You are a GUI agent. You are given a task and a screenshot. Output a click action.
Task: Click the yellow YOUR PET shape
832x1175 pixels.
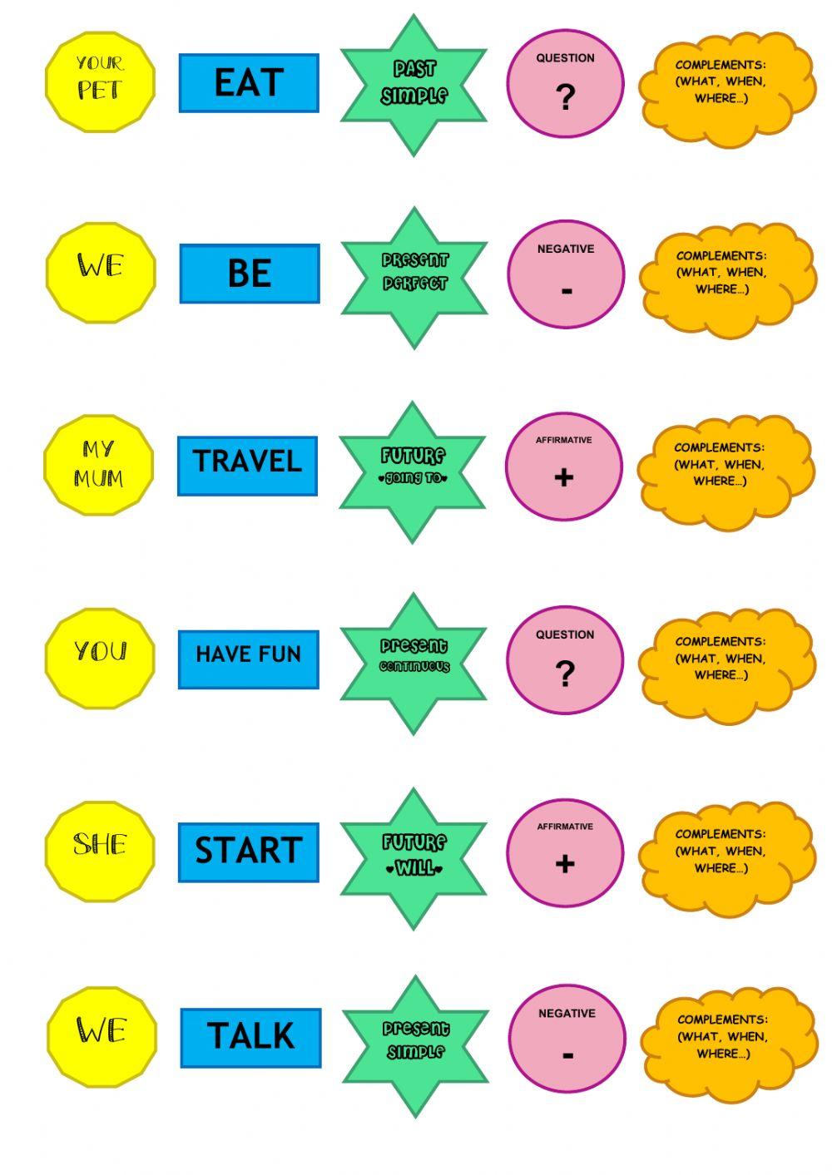(x=100, y=81)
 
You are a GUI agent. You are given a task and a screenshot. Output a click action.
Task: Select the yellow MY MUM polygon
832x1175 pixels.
(x=99, y=465)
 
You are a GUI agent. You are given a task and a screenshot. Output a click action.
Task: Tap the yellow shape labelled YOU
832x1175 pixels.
(x=100, y=658)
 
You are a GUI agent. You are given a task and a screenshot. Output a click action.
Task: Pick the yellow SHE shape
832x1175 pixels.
(x=100, y=851)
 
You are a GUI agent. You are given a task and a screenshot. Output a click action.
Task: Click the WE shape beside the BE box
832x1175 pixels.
(x=101, y=272)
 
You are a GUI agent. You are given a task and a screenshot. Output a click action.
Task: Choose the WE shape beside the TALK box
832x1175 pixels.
(x=102, y=1036)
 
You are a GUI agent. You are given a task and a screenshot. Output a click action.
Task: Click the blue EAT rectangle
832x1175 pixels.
(x=249, y=83)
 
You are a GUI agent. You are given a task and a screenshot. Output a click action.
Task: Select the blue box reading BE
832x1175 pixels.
(x=250, y=274)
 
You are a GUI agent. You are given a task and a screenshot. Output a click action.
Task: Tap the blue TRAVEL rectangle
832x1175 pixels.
(x=247, y=466)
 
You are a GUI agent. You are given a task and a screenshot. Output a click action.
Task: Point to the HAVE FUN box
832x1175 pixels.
(x=248, y=659)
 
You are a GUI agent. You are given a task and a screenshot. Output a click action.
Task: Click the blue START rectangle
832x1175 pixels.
(x=248, y=852)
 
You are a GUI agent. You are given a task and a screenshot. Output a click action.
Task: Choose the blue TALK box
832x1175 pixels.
(x=250, y=1038)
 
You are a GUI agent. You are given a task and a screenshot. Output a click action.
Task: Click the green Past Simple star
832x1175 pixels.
(x=414, y=85)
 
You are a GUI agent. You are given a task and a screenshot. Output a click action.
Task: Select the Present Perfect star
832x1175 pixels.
(x=414, y=278)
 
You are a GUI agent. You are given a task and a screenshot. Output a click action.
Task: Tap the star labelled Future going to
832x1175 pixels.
(x=413, y=471)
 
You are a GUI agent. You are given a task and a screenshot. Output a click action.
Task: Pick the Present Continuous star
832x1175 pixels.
(x=414, y=663)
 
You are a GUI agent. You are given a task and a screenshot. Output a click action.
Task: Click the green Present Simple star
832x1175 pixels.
(x=415, y=1046)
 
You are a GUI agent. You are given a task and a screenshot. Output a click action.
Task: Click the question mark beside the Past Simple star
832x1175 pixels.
(x=565, y=97)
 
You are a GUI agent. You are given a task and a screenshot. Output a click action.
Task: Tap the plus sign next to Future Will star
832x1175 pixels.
(x=565, y=864)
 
